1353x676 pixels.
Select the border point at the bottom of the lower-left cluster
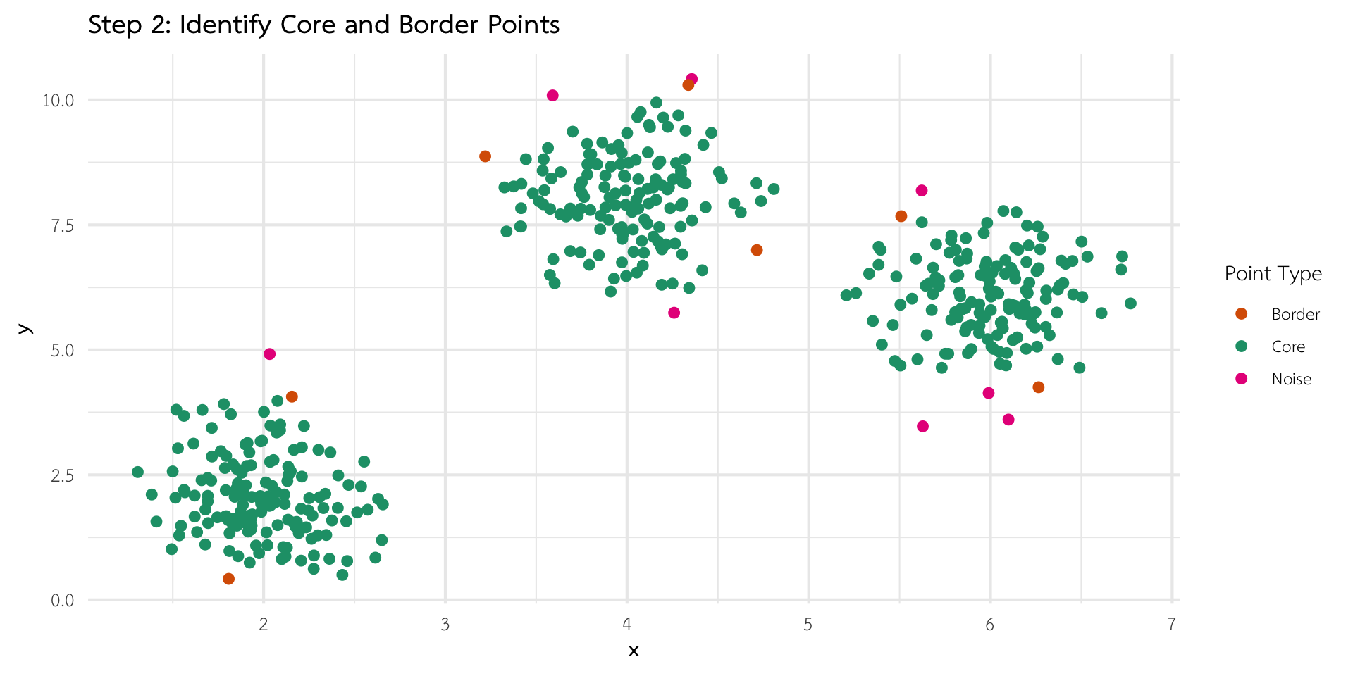pyautogui.click(x=228, y=579)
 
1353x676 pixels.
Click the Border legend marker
pyautogui.click(x=1242, y=314)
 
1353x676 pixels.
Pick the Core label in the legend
pyautogui.click(x=1288, y=346)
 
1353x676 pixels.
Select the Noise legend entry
pyautogui.click(x=1291, y=379)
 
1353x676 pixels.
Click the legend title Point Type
pyautogui.click(x=1273, y=273)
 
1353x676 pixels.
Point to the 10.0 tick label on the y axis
pyautogui.click(x=58, y=100)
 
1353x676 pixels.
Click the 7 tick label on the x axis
pyautogui.click(x=1171, y=625)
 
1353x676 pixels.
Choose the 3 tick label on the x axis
pyautogui.click(x=445, y=625)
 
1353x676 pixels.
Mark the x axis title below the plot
pyautogui.click(x=634, y=651)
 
